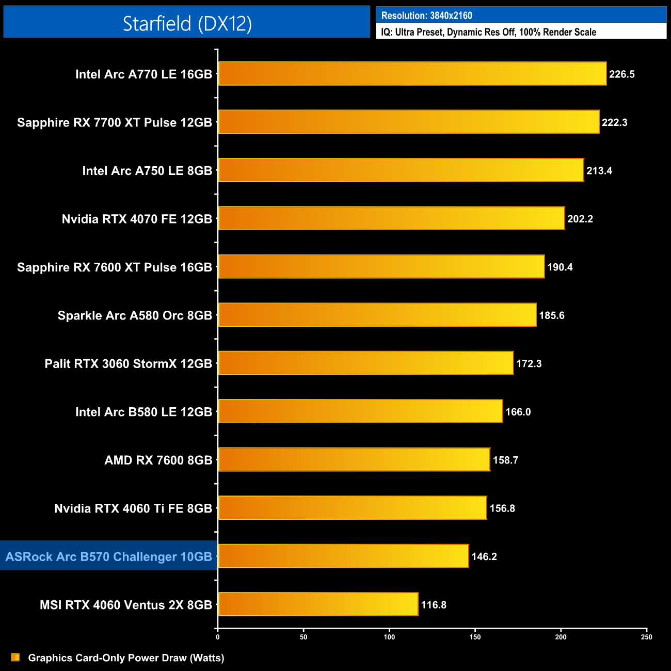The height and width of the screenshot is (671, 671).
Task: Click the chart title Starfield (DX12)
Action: (x=187, y=23)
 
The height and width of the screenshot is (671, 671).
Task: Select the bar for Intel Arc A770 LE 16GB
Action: (x=412, y=74)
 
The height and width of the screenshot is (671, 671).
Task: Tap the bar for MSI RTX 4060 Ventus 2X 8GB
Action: (x=318, y=604)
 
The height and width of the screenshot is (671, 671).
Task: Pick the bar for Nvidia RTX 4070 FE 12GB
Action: (x=391, y=218)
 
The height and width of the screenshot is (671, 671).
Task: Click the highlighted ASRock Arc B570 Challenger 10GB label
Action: (x=109, y=556)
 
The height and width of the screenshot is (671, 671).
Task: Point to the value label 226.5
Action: (x=621, y=74)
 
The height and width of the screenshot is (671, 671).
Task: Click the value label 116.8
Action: (x=434, y=605)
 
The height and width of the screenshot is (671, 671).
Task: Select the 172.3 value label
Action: (x=529, y=364)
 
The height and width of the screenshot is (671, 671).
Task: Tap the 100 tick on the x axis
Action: (x=389, y=637)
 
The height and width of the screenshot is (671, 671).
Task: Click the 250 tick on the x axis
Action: (x=646, y=637)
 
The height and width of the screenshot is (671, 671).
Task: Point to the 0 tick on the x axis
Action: (x=218, y=637)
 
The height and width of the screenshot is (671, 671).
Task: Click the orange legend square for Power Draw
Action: (x=15, y=657)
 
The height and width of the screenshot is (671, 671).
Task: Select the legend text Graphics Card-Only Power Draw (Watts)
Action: (x=126, y=658)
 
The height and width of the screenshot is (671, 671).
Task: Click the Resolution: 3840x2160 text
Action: (x=426, y=15)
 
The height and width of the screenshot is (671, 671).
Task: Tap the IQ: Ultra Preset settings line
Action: (x=488, y=32)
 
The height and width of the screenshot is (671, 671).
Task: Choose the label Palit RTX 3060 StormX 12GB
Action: (x=129, y=364)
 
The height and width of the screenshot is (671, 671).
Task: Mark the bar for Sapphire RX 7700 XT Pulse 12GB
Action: (x=408, y=122)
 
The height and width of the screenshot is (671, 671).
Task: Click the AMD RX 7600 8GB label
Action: (x=158, y=460)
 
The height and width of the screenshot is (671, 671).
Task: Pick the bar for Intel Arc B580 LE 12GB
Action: (x=360, y=411)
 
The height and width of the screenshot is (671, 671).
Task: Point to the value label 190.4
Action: (x=560, y=267)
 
